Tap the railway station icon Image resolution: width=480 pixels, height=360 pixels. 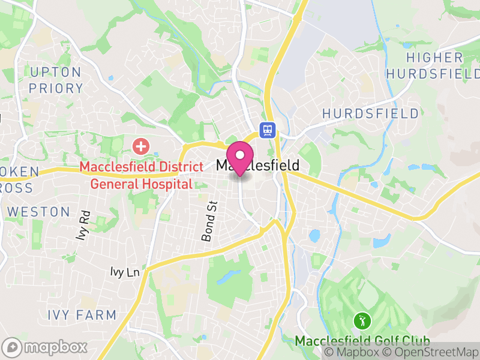(267, 130)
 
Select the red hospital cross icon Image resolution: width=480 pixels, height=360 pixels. (141, 146)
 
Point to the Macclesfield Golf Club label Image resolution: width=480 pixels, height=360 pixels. (362, 341)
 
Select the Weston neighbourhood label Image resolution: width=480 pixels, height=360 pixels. (39, 212)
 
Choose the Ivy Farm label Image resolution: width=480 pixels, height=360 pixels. (82, 314)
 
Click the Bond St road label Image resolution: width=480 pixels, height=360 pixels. (208, 221)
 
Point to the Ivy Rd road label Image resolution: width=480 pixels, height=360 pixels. (83, 225)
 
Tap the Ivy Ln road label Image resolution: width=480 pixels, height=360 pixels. (125, 272)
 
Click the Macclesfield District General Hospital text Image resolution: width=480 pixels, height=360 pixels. (142, 175)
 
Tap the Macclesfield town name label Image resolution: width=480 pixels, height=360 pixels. (257, 165)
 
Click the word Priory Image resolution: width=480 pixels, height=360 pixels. (56, 88)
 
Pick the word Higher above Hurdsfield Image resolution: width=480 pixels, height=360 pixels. (435, 58)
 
